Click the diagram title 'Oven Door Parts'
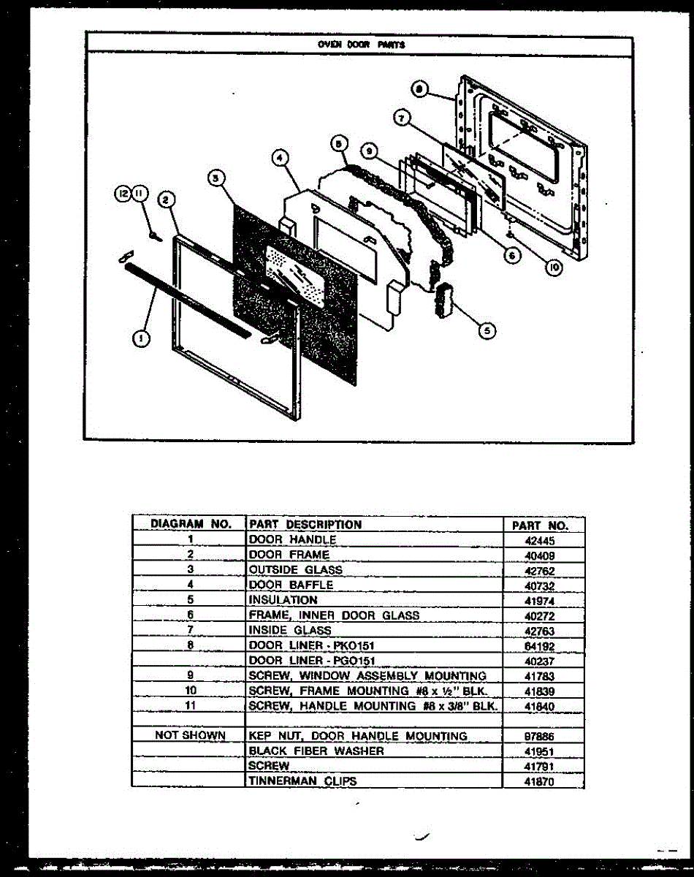tap(361, 44)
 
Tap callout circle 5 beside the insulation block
tap(486, 331)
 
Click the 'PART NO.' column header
tap(539, 525)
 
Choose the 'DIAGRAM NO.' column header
tap(191, 524)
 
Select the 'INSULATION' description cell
tap(283, 600)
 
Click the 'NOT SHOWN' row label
tap(190, 735)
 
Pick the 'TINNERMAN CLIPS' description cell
tap(303, 781)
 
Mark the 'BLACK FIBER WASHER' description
tap(316, 751)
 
